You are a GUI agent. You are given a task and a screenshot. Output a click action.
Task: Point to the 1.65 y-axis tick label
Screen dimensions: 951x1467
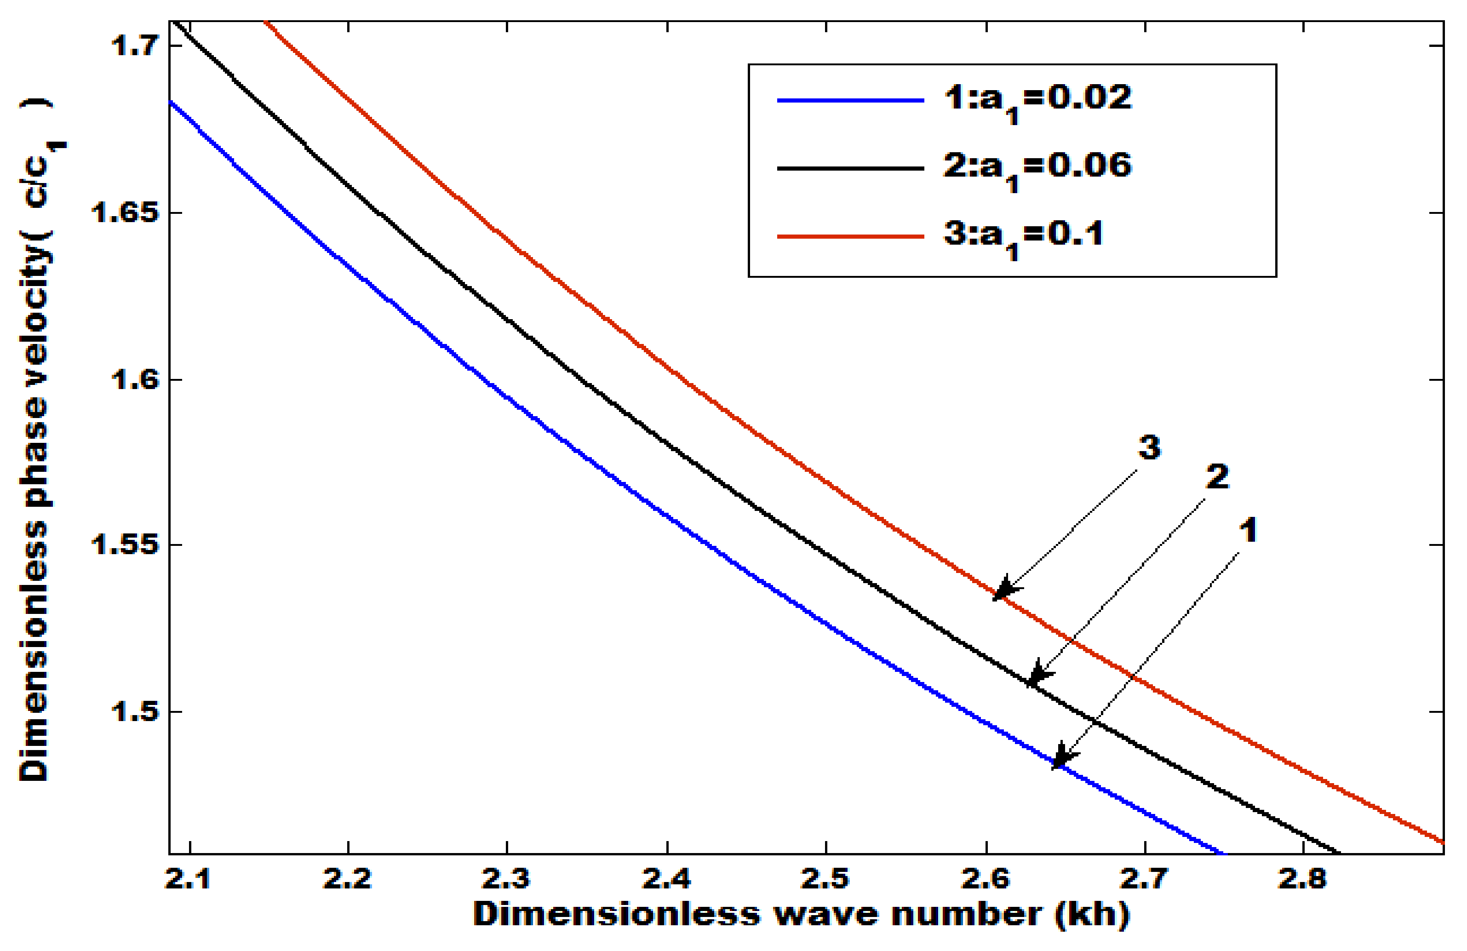click(123, 212)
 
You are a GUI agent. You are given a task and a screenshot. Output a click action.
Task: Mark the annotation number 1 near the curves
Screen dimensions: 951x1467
click(1248, 531)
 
